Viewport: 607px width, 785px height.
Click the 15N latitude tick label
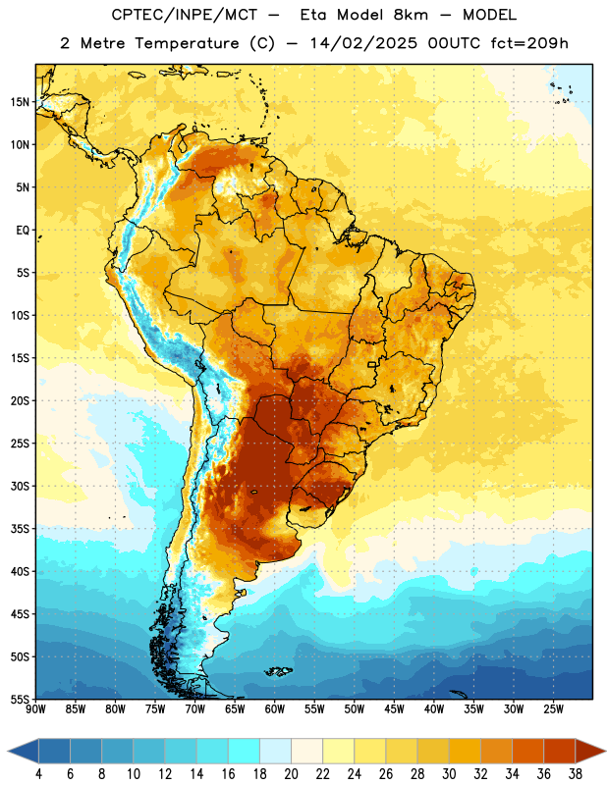(20, 102)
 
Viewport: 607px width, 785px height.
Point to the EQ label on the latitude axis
(23, 231)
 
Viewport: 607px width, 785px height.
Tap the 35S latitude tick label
(20, 529)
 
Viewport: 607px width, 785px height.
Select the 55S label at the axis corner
(20, 699)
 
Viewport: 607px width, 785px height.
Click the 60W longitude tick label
(275, 709)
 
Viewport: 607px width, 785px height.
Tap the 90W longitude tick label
(36, 709)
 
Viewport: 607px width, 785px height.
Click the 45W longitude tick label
(394, 709)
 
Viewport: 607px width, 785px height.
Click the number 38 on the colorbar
(576, 774)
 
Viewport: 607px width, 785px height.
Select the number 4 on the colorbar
(38, 774)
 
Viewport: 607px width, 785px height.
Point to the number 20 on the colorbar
(291, 774)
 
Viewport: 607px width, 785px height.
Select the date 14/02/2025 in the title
(363, 43)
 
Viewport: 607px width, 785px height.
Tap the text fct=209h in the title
(529, 43)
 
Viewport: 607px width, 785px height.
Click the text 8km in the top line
(411, 15)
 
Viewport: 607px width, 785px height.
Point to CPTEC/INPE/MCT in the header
(185, 15)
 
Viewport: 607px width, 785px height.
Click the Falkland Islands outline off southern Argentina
(278, 671)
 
